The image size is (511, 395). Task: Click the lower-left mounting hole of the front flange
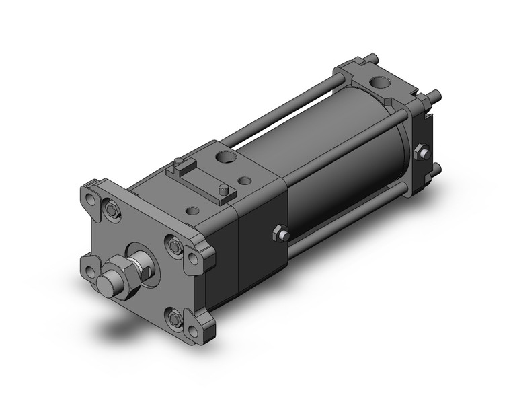(90, 272)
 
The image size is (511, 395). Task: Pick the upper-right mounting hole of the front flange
(194, 258)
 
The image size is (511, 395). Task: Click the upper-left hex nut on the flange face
(111, 215)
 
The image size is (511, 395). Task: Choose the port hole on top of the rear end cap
(382, 85)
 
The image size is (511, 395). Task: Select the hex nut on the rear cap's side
(422, 153)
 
